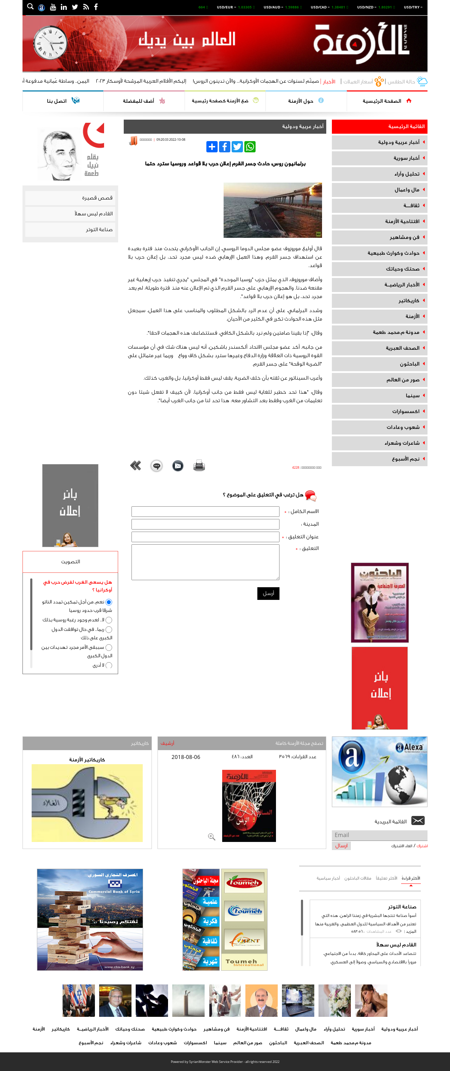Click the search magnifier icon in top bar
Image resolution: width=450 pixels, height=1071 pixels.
(30, 7)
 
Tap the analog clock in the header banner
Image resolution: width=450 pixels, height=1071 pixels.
(50, 43)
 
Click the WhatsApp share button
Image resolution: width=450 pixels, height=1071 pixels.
(250, 147)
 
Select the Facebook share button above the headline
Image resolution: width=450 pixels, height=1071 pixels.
(224, 147)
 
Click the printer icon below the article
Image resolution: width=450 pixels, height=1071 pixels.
(199, 465)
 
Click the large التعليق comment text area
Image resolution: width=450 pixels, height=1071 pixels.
(205, 562)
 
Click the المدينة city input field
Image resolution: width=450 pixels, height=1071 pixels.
(205, 524)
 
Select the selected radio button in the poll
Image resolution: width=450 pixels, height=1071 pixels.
(109, 602)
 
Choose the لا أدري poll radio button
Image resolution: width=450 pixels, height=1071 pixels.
(109, 665)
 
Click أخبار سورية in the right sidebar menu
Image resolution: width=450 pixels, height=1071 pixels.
(406, 158)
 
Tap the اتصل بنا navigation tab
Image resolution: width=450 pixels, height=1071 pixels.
(62, 101)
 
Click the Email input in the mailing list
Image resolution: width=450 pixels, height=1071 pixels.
(379, 835)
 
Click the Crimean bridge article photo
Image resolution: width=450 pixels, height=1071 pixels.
(272, 210)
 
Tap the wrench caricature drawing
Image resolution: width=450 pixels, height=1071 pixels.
(87, 803)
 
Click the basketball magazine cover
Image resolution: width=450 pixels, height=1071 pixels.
(249, 806)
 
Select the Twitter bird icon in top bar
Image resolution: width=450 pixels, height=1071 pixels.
(75, 7)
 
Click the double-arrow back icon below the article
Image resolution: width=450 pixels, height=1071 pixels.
(135, 465)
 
